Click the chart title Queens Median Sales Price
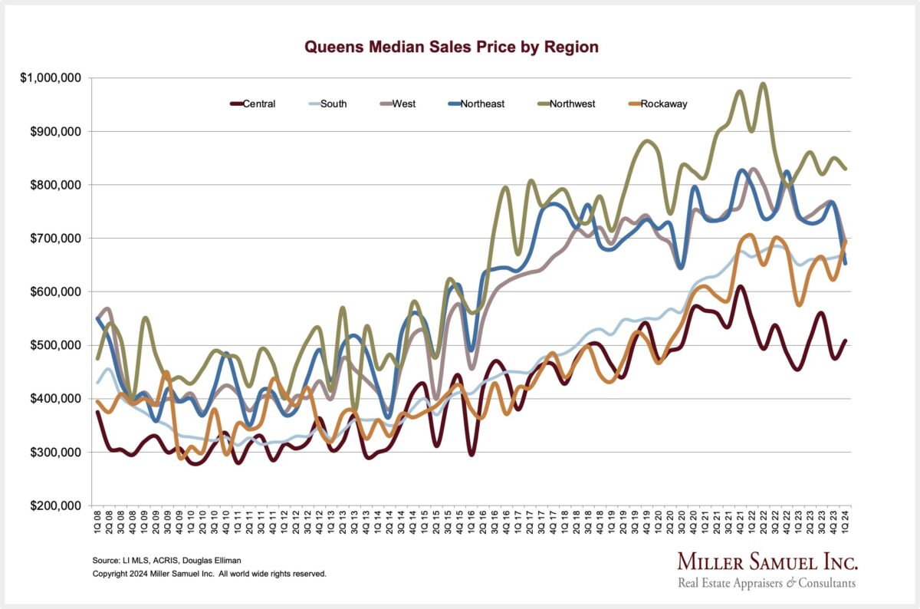(x=452, y=47)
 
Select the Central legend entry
(x=253, y=104)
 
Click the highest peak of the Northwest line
(x=763, y=84)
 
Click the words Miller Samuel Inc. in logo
(x=767, y=562)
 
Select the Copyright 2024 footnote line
(x=209, y=574)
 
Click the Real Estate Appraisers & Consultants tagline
(x=767, y=584)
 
